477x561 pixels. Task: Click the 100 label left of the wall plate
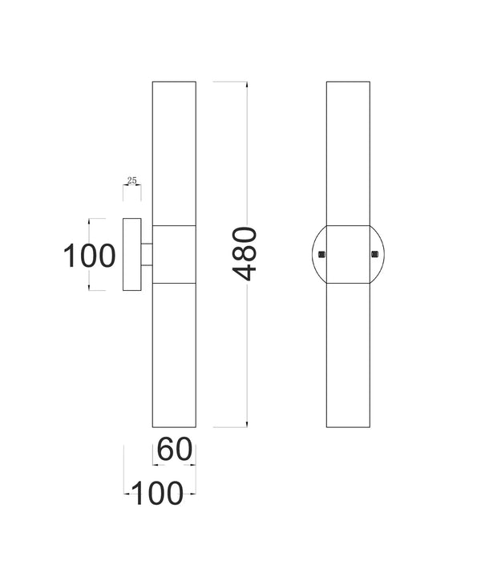click(x=90, y=256)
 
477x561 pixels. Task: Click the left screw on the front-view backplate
click(x=321, y=255)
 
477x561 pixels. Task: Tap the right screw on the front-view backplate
click(x=374, y=255)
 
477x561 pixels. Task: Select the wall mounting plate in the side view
click(x=132, y=254)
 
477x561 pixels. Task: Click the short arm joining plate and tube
click(x=148, y=254)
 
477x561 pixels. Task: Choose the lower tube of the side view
click(x=174, y=354)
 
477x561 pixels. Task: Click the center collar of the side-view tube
click(x=174, y=254)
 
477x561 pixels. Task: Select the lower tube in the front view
click(x=348, y=354)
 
